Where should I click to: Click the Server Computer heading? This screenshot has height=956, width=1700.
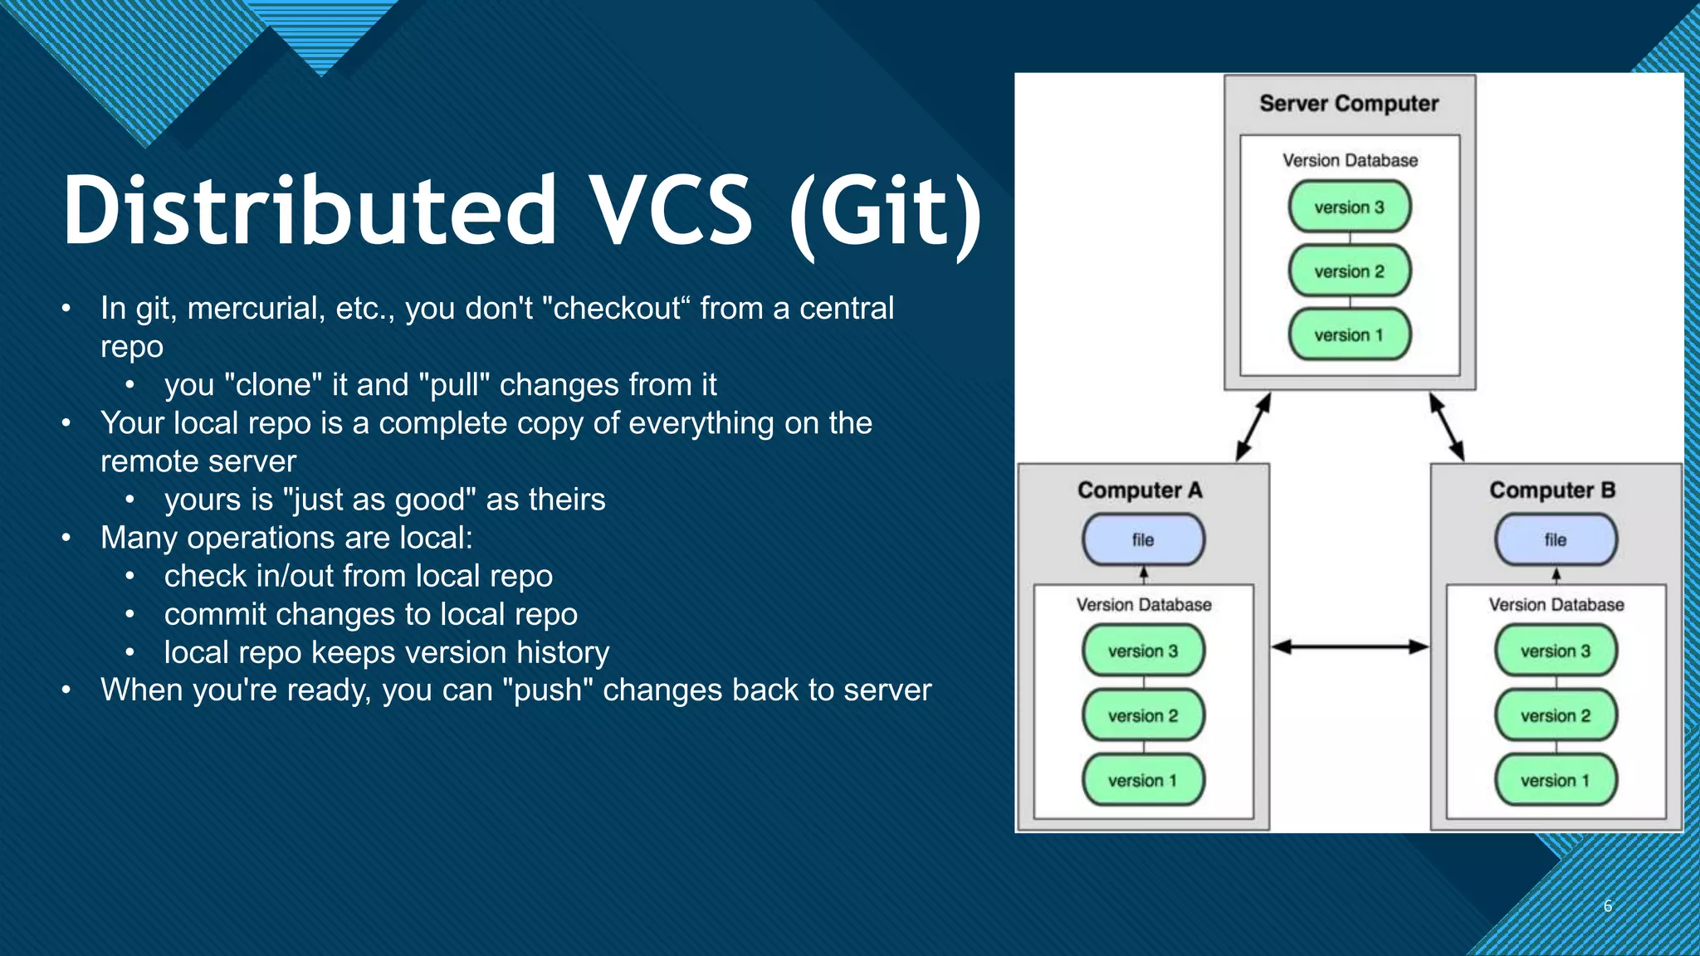pos(1349,104)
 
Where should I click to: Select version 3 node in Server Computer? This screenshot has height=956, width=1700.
pos(1349,207)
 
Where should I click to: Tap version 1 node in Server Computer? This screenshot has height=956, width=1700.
pos(1349,335)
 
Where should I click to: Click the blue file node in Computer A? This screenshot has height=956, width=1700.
pos(1143,539)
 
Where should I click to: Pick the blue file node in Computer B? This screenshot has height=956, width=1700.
pos(1556,539)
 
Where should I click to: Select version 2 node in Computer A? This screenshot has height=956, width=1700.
pos(1143,715)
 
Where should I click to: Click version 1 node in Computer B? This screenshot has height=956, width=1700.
pos(1556,780)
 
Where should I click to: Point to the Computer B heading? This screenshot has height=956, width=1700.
pos(1552,490)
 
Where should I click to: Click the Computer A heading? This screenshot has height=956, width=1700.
pos(1140,490)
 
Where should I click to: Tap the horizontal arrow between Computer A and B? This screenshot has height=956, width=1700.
pos(1350,646)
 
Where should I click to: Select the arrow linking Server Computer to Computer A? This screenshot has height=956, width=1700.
pos(1253,427)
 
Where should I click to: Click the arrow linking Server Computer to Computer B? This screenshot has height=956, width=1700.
pos(1447,427)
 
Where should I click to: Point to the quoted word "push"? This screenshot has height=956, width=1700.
pos(548,690)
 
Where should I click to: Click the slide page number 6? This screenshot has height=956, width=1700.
pos(1608,906)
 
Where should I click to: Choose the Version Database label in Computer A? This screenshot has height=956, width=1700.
pos(1143,605)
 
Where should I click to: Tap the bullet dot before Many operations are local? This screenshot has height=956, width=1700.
pos(66,538)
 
